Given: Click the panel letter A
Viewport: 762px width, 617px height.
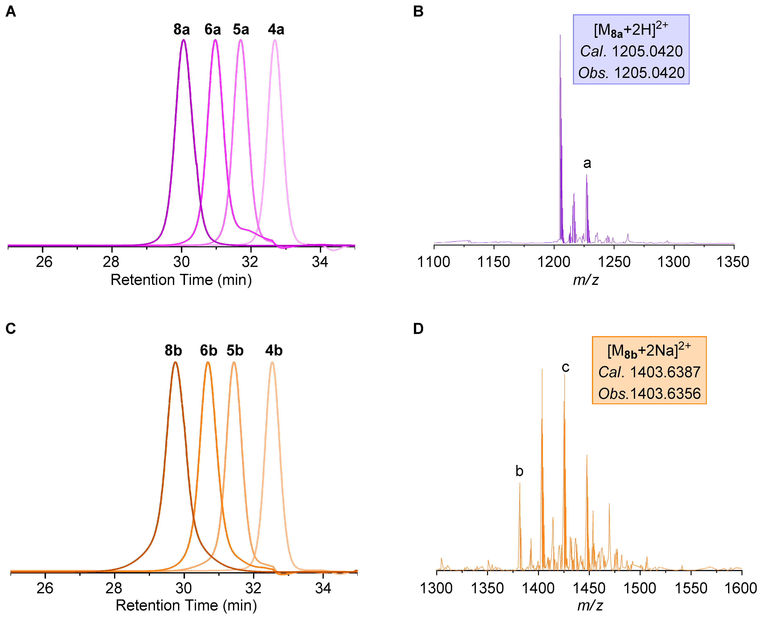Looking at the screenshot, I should pyautogui.click(x=11, y=12).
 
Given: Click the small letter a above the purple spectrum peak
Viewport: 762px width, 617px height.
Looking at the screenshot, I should pyautogui.click(x=587, y=163).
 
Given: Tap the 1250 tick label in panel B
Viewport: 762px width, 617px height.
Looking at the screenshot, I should pyautogui.click(x=614, y=262).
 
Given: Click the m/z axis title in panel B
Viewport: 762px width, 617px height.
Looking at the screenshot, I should pyautogui.click(x=586, y=280).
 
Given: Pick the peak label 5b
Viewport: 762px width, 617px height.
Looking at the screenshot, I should pyautogui.click(x=235, y=351).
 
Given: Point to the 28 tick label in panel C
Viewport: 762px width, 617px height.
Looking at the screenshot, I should pyautogui.click(x=114, y=588).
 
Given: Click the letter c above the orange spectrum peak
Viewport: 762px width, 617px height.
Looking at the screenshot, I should pyautogui.click(x=565, y=367).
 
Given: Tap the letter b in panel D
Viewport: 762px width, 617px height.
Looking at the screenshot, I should pyautogui.click(x=519, y=471).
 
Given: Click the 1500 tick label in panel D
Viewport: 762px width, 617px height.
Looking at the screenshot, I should pyautogui.click(x=640, y=588).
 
